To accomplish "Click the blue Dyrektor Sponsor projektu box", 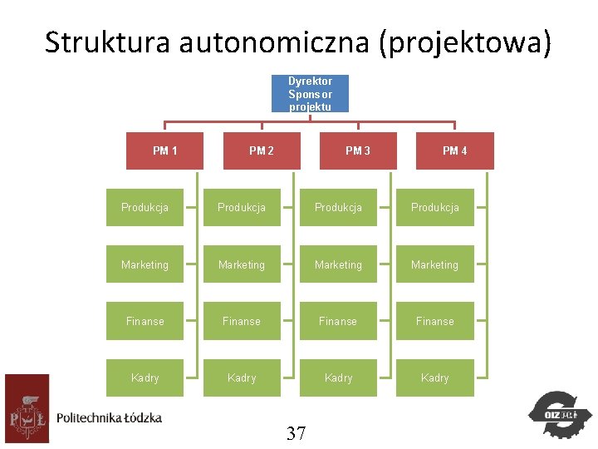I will tap(311, 93).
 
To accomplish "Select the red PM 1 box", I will tap(164, 150).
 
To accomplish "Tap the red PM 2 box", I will tap(262, 150).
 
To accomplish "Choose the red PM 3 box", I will tap(358, 150).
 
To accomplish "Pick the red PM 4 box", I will tap(454, 150).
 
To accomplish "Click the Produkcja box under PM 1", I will tap(145, 207).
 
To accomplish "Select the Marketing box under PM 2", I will tap(242, 264).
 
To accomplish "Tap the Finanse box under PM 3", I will tap(338, 321).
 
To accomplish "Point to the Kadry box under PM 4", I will tap(434, 377).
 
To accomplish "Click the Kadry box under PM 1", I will tap(145, 377).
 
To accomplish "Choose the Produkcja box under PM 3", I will tap(338, 207).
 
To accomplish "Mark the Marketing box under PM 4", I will tap(434, 264).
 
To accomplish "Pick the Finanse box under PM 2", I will tap(242, 321).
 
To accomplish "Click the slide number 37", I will tap(297, 432).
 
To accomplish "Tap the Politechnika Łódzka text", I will tap(109, 417).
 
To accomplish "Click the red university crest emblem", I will tap(27, 408).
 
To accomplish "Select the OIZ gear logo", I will tap(560, 413).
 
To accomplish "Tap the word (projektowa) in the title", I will tap(464, 42).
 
